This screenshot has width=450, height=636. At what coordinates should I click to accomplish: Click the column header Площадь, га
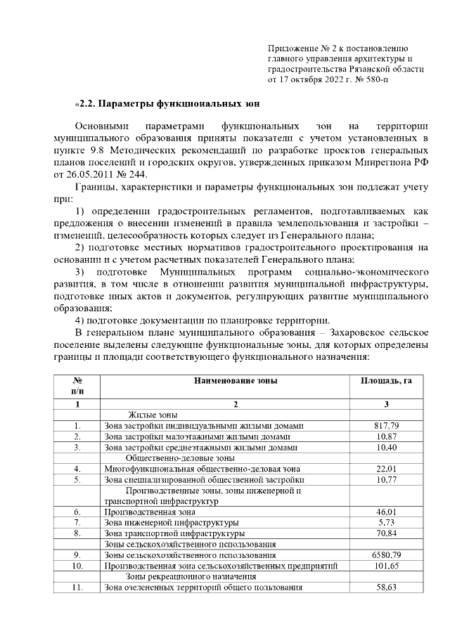[x=386, y=380]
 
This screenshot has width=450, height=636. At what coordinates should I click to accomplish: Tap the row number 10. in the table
[x=78, y=566]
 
